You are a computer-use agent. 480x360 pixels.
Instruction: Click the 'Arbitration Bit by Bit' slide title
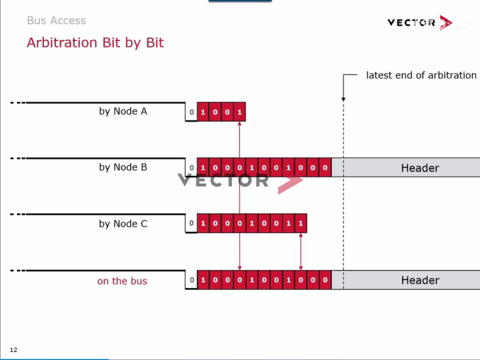tap(95, 43)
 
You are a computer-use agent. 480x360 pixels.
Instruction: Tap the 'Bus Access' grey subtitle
tap(56, 21)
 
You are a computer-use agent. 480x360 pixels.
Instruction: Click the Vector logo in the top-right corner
tap(420, 22)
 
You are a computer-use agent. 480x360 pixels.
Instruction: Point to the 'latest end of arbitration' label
tap(421, 75)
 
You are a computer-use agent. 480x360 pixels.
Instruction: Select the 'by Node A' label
tap(123, 111)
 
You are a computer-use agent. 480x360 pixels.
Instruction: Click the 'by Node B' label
tap(123, 167)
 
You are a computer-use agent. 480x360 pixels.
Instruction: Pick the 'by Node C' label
tap(123, 224)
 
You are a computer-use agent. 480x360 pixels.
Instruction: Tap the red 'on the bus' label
tap(122, 281)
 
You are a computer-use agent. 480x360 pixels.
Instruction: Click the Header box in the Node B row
tap(405, 167)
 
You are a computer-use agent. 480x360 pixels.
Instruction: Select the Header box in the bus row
tap(405, 280)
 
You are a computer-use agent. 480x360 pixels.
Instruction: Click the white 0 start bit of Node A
tap(191, 112)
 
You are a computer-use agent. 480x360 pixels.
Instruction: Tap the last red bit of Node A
tap(240, 112)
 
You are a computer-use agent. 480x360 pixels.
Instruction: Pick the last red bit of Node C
tap(301, 223)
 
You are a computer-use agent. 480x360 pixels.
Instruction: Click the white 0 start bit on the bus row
tap(191, 280)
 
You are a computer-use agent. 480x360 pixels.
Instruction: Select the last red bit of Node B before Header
tap(325, 167)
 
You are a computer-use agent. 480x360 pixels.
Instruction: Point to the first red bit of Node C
tap(203, 223)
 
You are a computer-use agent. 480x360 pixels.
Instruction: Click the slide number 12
tap(14, 350)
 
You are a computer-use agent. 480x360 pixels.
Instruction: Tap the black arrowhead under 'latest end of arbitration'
tap(344, 99)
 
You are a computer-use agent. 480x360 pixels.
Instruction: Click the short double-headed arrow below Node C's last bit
tap(301, 252)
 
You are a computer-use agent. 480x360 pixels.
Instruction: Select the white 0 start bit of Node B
tap(191, 168)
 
